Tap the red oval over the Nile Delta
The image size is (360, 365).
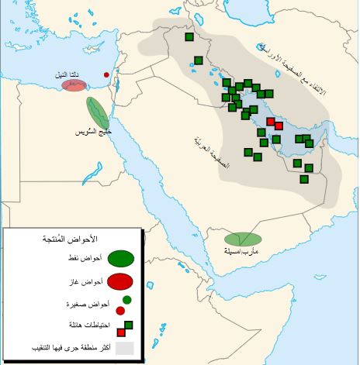(74, 86)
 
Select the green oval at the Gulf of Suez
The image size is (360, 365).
(98, 112)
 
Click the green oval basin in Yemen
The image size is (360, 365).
(244, 239)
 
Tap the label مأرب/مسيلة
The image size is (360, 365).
(241, 252)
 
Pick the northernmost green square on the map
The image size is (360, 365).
(189, 36)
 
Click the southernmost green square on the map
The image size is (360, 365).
(304, 179)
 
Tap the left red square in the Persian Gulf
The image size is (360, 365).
(271, 122)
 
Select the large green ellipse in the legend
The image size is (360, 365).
(120, 258)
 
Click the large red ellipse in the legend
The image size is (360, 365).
(120, 281)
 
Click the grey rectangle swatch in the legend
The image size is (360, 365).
(125, 349)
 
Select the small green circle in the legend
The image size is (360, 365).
(126, 300)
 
